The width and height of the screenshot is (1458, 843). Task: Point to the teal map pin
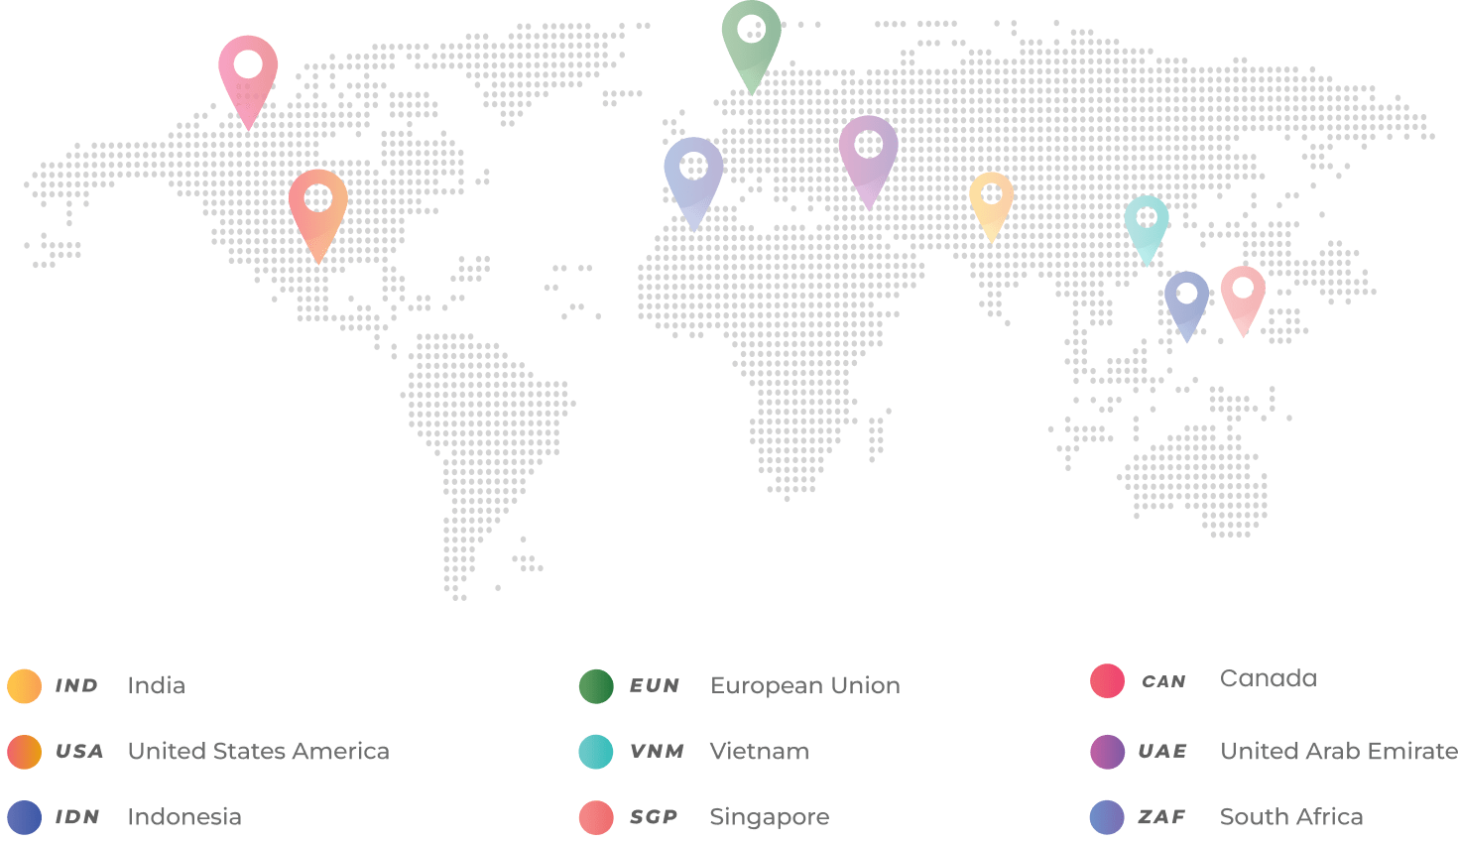click(x=1147, y=222)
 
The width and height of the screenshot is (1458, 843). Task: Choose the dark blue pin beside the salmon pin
click(x=1186, y=299)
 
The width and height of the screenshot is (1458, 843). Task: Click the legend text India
click(x=156, y=685)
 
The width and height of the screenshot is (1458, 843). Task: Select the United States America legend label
click(x=258, y=751)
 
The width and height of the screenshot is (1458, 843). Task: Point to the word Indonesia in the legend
click(x=184, y=816)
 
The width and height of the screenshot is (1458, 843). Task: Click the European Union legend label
click(x=804, y=685)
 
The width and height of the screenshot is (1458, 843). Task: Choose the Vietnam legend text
click(x=759, y=751)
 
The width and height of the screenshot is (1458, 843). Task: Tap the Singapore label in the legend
click(x=769, y=816)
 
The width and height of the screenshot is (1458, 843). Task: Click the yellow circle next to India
click(x=24, y=686)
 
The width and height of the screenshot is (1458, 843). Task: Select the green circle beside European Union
click(x=596, y=686)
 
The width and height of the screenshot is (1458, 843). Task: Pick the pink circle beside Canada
click(x=1107, y=681)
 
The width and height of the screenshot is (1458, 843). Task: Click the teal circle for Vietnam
click(x=596, y=752)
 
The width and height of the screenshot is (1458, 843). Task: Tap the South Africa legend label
click(x=1290, y=816)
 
